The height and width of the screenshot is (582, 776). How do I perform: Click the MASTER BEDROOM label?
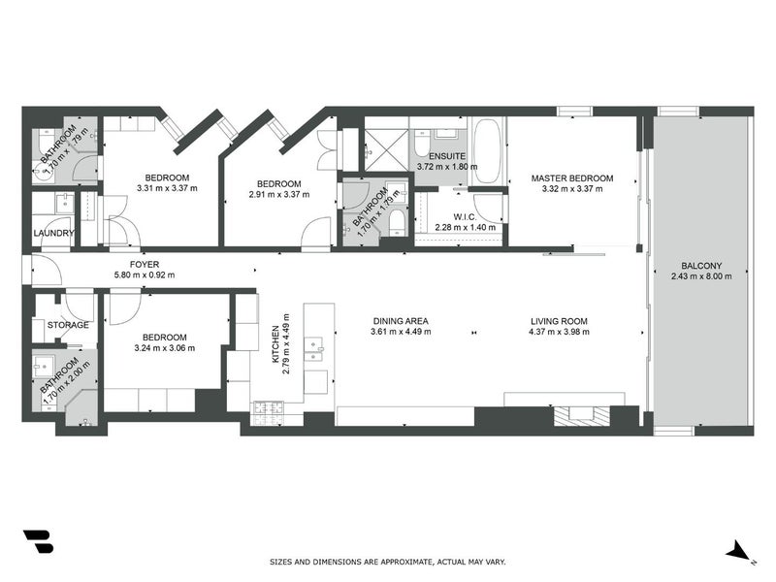[x=571, y=178]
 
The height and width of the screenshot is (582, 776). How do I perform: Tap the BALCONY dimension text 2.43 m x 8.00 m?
[x=696, y=276]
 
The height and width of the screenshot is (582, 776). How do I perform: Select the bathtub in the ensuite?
[x=486, y=150]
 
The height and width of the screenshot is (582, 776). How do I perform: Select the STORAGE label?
[x=68, y=325]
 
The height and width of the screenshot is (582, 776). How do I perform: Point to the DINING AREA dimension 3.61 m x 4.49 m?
[x=400, y=333]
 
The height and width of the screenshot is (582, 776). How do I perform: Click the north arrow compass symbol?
[x=739, y=551]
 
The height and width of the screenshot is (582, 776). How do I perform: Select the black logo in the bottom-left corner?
[x=38, y=542]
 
